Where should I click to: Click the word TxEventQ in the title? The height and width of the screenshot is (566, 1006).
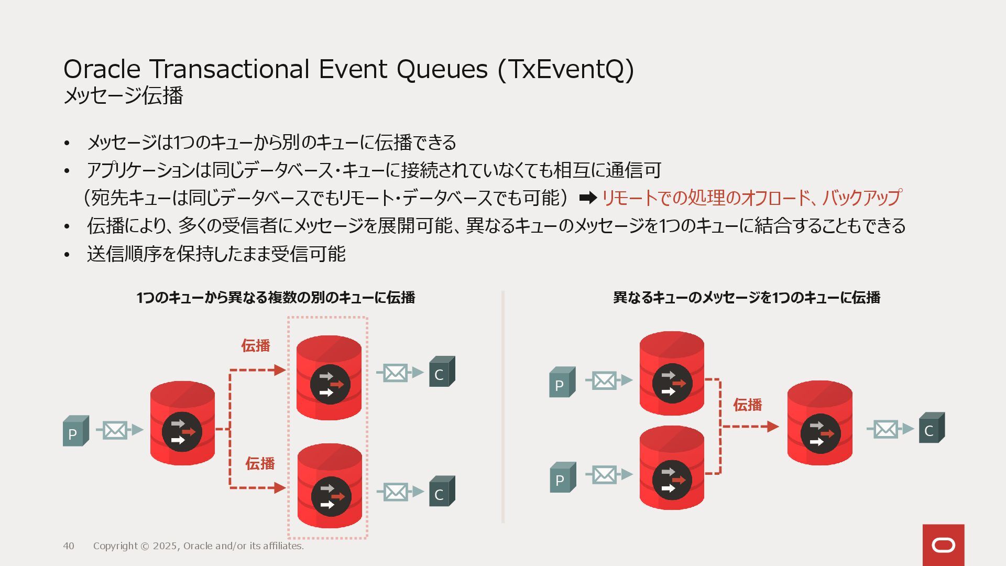[566, 70]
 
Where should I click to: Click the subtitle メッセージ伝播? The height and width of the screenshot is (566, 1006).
[123, 96]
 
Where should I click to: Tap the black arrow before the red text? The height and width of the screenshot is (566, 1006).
[588, 198]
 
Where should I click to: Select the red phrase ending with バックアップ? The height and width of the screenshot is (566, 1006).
[751, 198]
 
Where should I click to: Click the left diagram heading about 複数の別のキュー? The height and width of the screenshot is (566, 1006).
[276, 298]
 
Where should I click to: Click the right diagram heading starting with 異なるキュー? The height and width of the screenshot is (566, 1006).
[746, 298]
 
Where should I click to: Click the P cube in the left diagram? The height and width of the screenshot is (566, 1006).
[75, 431]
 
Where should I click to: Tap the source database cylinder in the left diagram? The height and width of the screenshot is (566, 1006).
[182, 423]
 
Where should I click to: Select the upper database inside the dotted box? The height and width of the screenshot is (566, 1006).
[329, 377]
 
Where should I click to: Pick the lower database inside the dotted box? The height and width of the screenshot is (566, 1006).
[330, 486]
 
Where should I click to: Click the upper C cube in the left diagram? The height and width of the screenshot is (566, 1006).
[442, 372]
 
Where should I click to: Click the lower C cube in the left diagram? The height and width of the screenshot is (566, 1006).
[442, 491]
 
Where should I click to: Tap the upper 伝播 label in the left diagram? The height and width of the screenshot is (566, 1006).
[255, 345]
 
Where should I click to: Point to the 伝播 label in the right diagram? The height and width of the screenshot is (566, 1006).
[747, 405]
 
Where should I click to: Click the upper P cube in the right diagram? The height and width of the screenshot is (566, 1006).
[562, 382]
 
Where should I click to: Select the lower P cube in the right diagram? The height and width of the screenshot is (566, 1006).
[562, 477]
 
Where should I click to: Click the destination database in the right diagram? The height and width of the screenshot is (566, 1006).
[819, 423]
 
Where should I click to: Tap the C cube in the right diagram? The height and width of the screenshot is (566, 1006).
[932, 428]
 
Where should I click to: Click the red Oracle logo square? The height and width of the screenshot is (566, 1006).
[943, 545]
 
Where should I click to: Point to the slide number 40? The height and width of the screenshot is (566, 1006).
[69, 546]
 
